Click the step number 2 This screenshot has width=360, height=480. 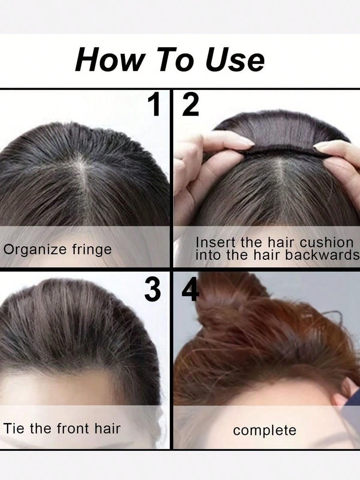point(191,104)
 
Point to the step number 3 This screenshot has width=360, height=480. point(152,290)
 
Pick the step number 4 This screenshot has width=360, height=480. point(190,290)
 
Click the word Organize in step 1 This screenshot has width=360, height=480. point(35,250)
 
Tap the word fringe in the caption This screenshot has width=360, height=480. point(92,250)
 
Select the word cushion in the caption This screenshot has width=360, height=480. point(326,242)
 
